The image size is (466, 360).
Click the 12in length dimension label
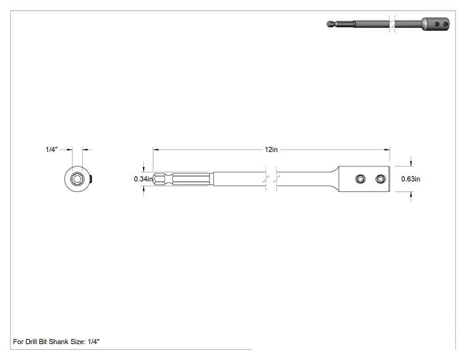click(x=271, y=150)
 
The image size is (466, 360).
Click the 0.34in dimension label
click(x=143, y=179)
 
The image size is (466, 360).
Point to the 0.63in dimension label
click(x=411, y=179)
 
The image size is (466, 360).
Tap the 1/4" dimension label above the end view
click(x=51, y=150)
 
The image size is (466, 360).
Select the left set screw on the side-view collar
click(x=360, y=179)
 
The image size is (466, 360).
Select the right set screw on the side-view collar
click(x=380, y=179)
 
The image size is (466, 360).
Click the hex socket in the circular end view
click(x=77, y=179)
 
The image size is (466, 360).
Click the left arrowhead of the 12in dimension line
click(x=156, y=150)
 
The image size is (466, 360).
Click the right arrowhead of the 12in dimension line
click(x=387, y=150)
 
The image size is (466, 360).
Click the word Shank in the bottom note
click(x=59, y=342)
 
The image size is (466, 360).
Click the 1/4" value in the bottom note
click(x=94, y=342)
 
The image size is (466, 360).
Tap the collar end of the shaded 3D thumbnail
click(x=436, y=24)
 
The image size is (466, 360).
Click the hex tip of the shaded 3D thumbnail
click(x=330, y=24)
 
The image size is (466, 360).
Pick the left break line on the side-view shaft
click(x=266, y=179)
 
